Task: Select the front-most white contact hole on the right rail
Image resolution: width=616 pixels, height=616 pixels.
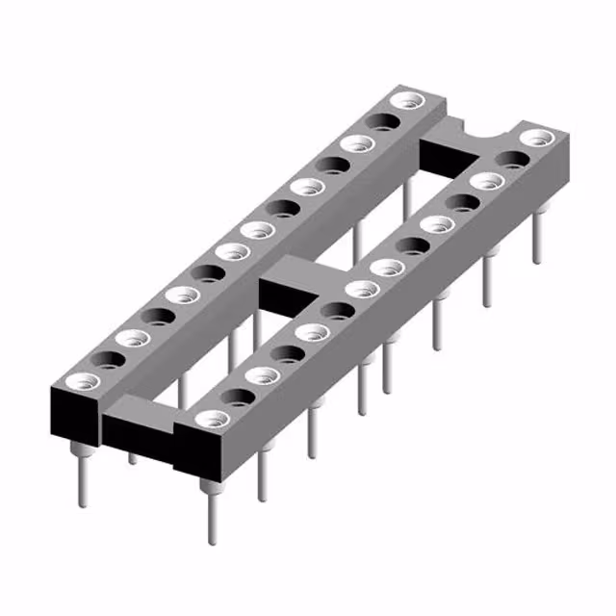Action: pyautogui.click(x=212, y=420)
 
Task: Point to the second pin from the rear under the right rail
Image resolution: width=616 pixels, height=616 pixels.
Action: pyautogui.click(x=489, y=279)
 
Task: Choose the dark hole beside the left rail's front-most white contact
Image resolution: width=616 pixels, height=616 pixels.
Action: pyautogui.click(x=109, y=359)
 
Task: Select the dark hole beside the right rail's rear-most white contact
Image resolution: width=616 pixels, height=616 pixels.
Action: pyautogui.click(x=510, y=160)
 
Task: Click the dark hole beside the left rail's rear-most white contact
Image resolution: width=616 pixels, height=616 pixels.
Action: pyautogui.click(x=383, y=122)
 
